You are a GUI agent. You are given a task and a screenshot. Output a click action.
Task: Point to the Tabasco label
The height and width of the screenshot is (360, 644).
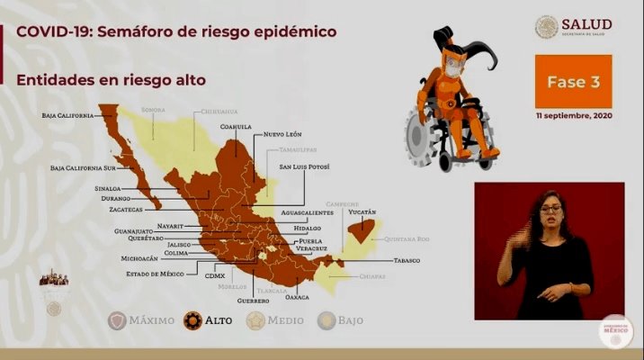point(407,260)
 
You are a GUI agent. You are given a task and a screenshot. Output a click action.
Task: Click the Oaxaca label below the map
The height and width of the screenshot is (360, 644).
point(296,296)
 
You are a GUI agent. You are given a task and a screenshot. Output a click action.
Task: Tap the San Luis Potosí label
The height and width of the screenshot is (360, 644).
point(307,167)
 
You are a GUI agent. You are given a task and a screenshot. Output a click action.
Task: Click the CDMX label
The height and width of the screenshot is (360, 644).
point(216,275)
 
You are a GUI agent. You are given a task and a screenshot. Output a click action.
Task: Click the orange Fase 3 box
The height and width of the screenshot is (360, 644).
point(573,81)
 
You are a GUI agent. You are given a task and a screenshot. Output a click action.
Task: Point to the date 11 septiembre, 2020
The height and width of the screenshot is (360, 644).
point(573,117)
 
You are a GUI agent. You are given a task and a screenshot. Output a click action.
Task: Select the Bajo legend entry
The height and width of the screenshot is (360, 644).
point(342,319)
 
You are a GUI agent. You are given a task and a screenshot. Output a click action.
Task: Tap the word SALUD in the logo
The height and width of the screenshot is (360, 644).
point(586,23)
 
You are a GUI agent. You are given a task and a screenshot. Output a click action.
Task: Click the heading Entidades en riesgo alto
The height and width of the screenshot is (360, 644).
point(112,80)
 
